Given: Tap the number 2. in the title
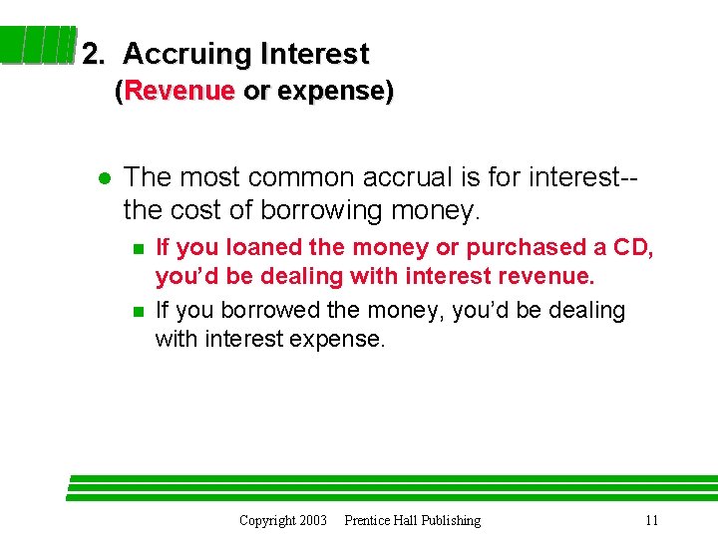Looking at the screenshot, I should click(94, 54).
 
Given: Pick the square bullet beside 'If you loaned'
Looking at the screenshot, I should click(138, 248).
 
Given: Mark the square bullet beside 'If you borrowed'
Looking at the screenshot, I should click(138, 312).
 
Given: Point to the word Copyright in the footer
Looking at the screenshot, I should click(267, 520).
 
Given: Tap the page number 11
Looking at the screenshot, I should click(651, 520).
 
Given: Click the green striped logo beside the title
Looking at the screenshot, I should click(40, 46).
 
